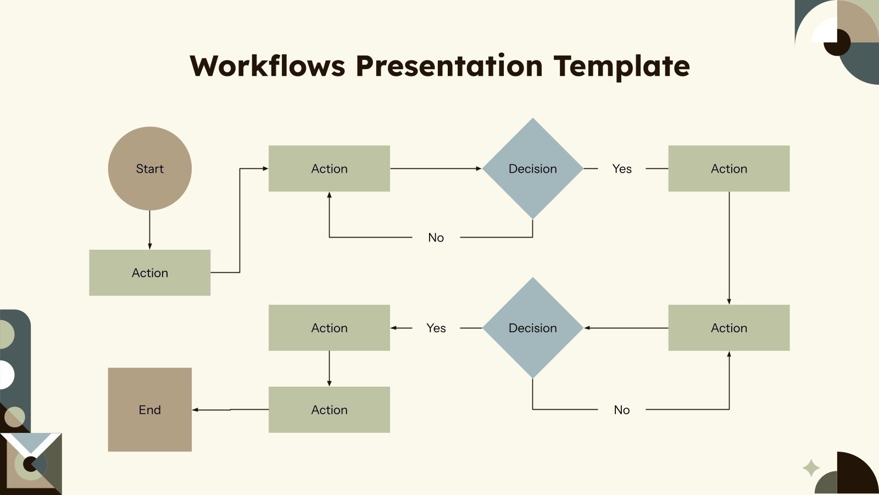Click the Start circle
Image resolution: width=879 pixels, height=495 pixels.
(149, 168)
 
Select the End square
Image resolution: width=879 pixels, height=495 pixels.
(149, 409)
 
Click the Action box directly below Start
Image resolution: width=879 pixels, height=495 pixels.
(149, 272)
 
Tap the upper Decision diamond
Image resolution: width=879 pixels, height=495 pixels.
(532, 168)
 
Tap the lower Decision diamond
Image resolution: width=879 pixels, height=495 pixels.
(532, 328)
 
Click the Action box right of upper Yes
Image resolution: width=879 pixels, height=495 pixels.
(728, 168)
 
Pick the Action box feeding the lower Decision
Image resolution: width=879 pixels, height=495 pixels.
(728, 328)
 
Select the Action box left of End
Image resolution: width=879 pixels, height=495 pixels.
(329, 409)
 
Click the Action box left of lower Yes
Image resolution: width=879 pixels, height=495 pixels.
(329, 328)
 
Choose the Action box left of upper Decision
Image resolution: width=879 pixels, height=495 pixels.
(329, 168)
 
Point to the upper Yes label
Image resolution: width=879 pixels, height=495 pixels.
(622, 169)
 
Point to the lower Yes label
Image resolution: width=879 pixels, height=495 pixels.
(436, 328)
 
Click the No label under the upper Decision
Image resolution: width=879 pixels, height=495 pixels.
(436, 238)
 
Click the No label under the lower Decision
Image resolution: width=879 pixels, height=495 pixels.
(621, 410)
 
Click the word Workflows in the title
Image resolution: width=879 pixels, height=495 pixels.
(268, 66)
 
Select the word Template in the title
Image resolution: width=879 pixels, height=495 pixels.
(621, 66)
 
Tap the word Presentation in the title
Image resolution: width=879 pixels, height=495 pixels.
(449, 66)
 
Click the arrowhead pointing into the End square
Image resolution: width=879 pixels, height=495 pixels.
(195, 410)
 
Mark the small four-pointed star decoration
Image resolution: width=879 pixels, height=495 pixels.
(811, 468)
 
